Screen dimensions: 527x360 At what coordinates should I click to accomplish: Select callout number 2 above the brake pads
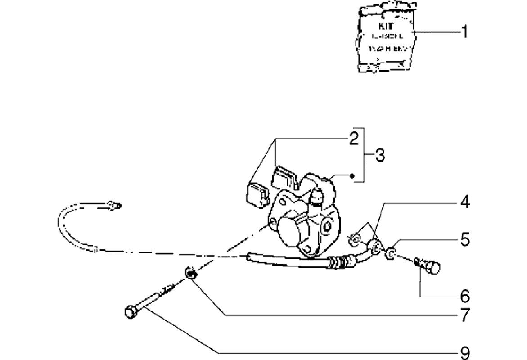click(x=353, y=138)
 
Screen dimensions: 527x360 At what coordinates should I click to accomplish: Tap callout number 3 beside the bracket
click(x=379, y=156)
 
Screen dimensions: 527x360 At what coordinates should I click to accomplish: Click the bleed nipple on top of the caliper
click(x=315, y=198)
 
